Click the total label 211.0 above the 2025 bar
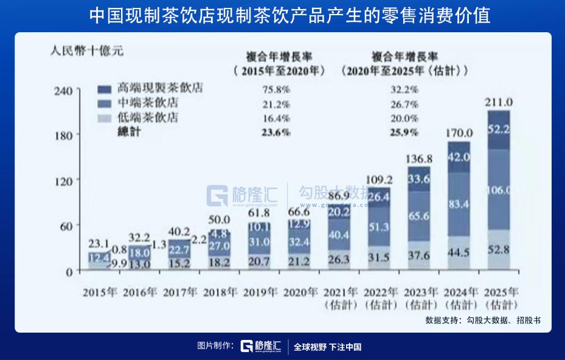pyautogui.click(x=499, y=102)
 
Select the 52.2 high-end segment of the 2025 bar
pyautogui.click(x=499, y=129)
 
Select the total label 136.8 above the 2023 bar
pyautogui.click(x=418, y=159)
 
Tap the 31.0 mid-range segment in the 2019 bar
pyautogui.click(x=260, y=241)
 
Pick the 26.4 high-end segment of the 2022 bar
pyautogui.click(x=378, y=196)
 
